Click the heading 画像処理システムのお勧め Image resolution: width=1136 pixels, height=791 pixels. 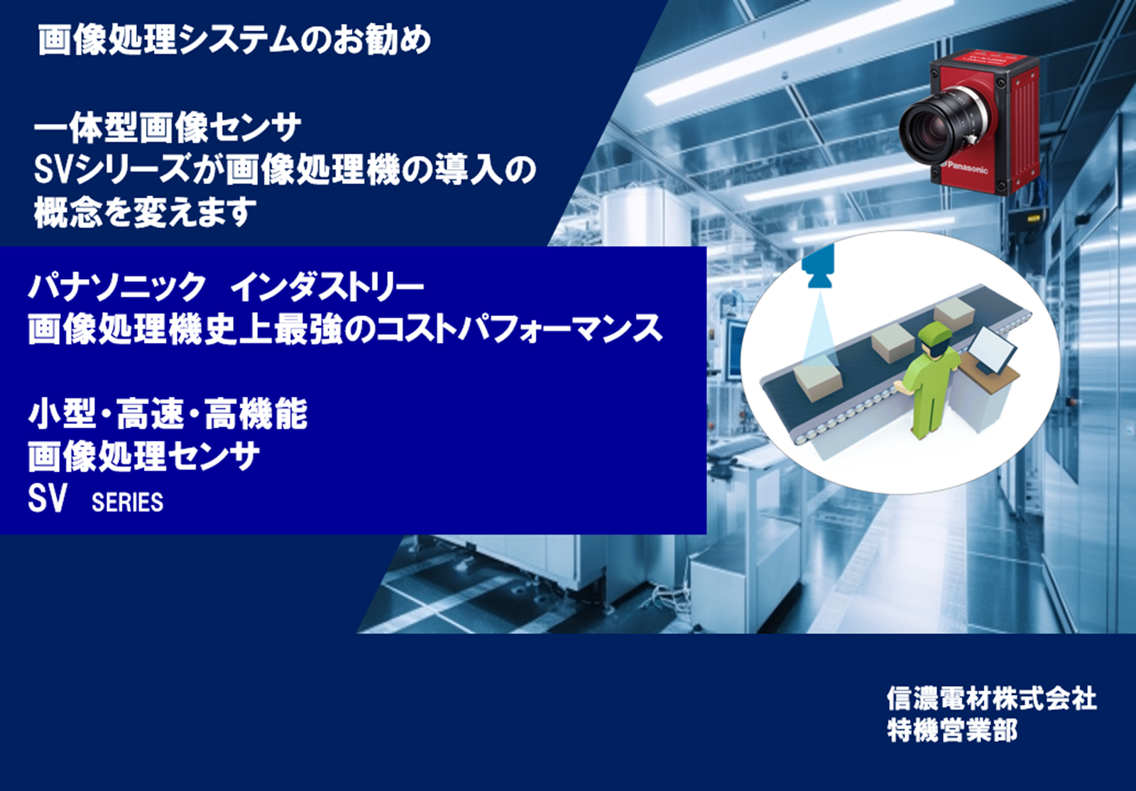click(235, 40)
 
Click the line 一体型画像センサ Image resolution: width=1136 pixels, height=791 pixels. click(168, 129)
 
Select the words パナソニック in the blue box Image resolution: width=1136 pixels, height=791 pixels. click(116, 288)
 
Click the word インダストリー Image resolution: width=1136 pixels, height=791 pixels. click(327, 288)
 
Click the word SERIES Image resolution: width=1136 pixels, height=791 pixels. click(127, 502)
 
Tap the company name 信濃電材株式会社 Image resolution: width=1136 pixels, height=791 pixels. click(991, 698)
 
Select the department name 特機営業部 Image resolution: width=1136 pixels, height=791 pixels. click(952, 731)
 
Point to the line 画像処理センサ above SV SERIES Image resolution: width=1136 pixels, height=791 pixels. click(143, 457)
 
